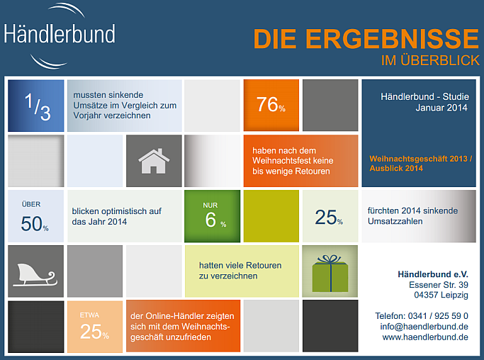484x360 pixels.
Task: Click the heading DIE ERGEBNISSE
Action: coord(366,39)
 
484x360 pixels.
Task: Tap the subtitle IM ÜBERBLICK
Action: coord(430,61)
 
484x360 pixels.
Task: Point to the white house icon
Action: coord(154,160)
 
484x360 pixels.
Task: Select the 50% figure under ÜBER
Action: coord(35,224)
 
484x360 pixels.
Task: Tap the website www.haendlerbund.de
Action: coord(425,337)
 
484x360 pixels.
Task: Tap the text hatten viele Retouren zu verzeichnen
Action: coord(240,270)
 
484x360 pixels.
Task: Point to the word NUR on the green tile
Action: coord(210,206)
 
